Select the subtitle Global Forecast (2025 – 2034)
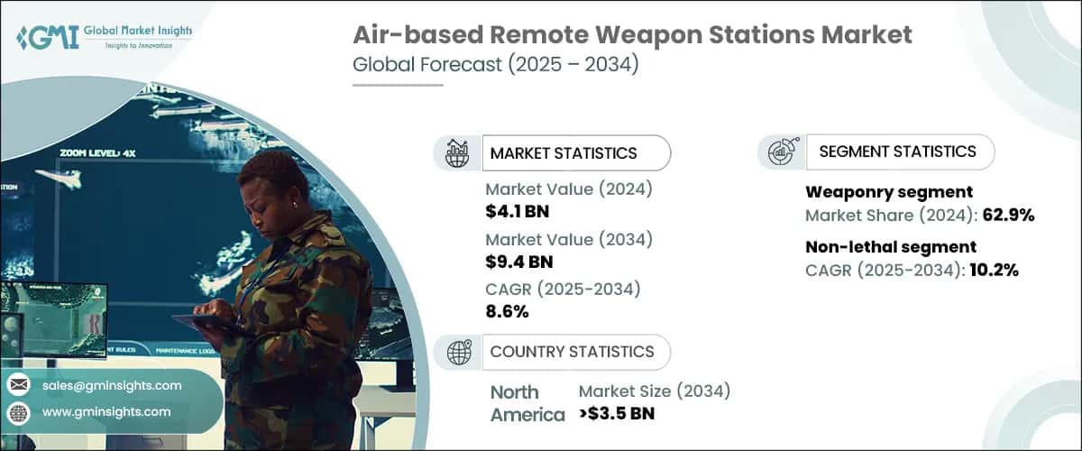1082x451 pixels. (495, 66)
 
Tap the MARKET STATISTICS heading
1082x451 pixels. (563, 153)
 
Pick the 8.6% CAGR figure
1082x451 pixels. (507, 312)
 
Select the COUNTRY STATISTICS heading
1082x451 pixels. (572, 352)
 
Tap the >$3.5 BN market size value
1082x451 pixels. (617, 414)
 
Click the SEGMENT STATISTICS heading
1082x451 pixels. (897, 152)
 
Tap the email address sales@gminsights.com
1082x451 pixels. (111, 385)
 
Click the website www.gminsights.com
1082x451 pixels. (105, 411)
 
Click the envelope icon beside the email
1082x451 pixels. (18, 385)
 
